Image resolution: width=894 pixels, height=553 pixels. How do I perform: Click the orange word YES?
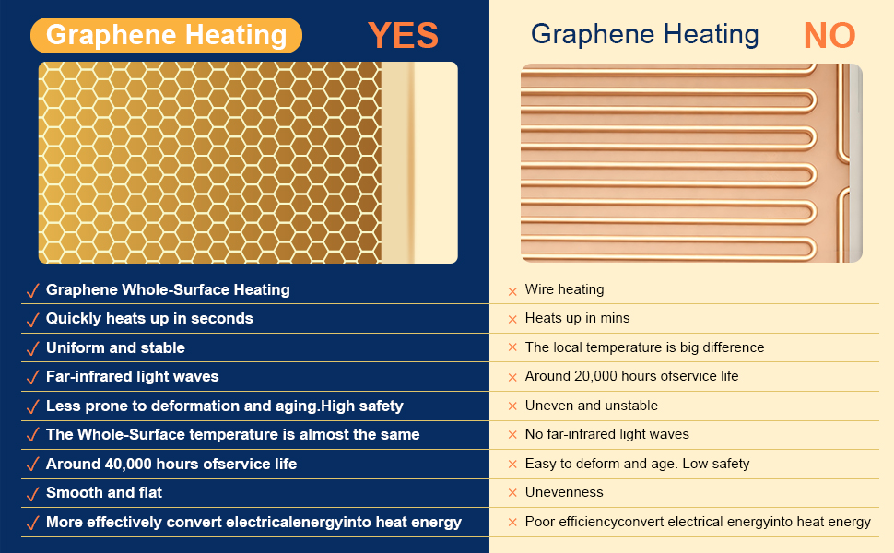(x=403, y=35)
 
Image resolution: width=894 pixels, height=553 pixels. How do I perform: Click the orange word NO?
(x=829, y=35)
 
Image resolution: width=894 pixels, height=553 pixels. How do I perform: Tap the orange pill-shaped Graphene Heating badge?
(x=166, y=35)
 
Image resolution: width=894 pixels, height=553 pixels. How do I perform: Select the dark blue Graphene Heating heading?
(x=645, y=34)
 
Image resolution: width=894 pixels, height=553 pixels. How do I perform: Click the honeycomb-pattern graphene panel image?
(x=248, y=162)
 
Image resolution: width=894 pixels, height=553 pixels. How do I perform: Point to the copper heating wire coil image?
(x=691, y=163)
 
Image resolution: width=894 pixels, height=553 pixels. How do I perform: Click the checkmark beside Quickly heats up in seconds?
(x=33, y=320)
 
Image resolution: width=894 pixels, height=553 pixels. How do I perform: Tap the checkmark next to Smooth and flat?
(x=33, y=494)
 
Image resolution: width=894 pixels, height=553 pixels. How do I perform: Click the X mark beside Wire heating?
(x=512, y=291)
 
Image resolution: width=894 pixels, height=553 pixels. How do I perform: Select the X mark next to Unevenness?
(x=512, y=492)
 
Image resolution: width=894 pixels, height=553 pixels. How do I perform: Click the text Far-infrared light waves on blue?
(x=133, y=376)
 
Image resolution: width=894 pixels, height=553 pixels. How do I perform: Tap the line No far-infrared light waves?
(x=606, y=434)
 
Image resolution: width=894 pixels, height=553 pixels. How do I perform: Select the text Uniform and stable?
(x=116, y=347)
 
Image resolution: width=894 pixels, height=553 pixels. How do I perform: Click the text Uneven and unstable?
(x=592, y=406)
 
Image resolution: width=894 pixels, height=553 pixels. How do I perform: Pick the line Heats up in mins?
(x=577, y=318)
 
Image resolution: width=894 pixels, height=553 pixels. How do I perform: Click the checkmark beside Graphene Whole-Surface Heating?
(x=33, y=291)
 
